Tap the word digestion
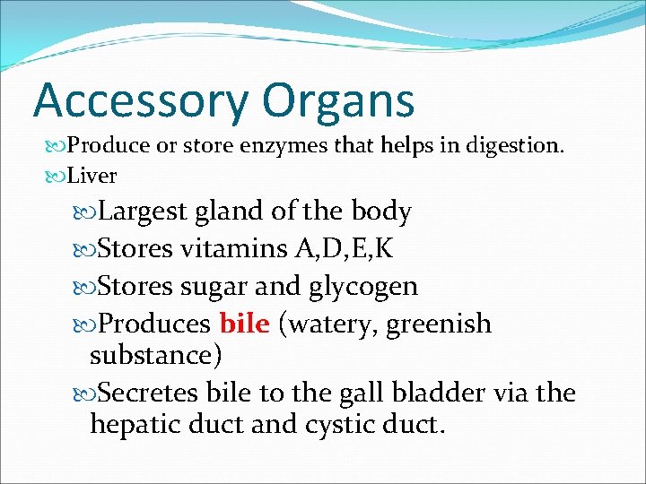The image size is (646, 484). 520,145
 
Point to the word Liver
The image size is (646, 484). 92,175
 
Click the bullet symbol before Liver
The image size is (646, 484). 56,176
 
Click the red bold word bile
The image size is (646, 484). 244,323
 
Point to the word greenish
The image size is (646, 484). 440,324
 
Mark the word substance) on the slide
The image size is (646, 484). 155,355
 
